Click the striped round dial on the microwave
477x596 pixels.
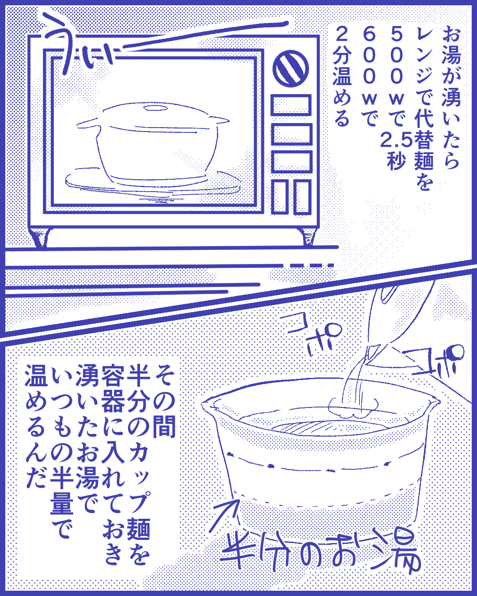[291, 68]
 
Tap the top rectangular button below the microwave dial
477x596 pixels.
[291, 105]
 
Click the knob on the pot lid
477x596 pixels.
[155, 108]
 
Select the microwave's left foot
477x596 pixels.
[40, 237]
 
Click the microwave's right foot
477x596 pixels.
[309, 237]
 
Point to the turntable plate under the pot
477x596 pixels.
[153, 181]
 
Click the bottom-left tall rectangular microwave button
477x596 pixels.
[279, 197]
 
